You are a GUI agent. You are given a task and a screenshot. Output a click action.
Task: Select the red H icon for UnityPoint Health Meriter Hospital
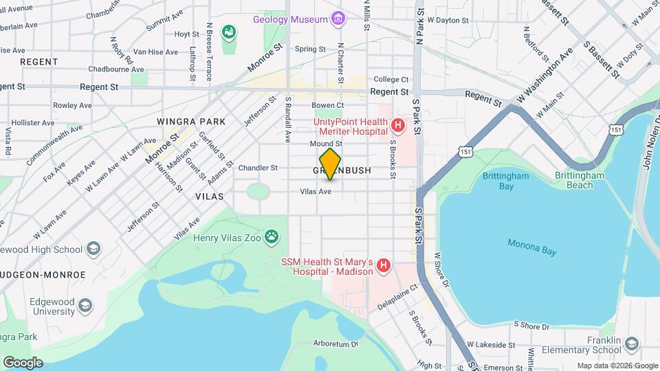click(x=397, y=126)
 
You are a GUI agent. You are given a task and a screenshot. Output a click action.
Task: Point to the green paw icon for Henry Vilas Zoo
click(x=272, y=238)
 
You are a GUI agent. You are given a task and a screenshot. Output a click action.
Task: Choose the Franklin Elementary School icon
click(x=632, y=343)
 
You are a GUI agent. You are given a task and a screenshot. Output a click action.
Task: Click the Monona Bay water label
click(x=531, y=247)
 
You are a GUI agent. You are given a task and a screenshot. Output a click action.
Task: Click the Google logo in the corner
click(x=22, y=362)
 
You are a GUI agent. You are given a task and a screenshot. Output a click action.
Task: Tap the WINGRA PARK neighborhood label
click(x=191, y=122)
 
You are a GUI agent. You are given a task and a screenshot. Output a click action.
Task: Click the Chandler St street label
click(x=258, y=167)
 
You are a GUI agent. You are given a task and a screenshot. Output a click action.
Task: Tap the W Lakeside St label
click(x=491, y=344)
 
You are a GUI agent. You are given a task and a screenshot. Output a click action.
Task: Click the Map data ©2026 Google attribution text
click(x=617, y=366)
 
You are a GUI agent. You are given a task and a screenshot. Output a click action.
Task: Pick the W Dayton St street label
click(x=448, y=21)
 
